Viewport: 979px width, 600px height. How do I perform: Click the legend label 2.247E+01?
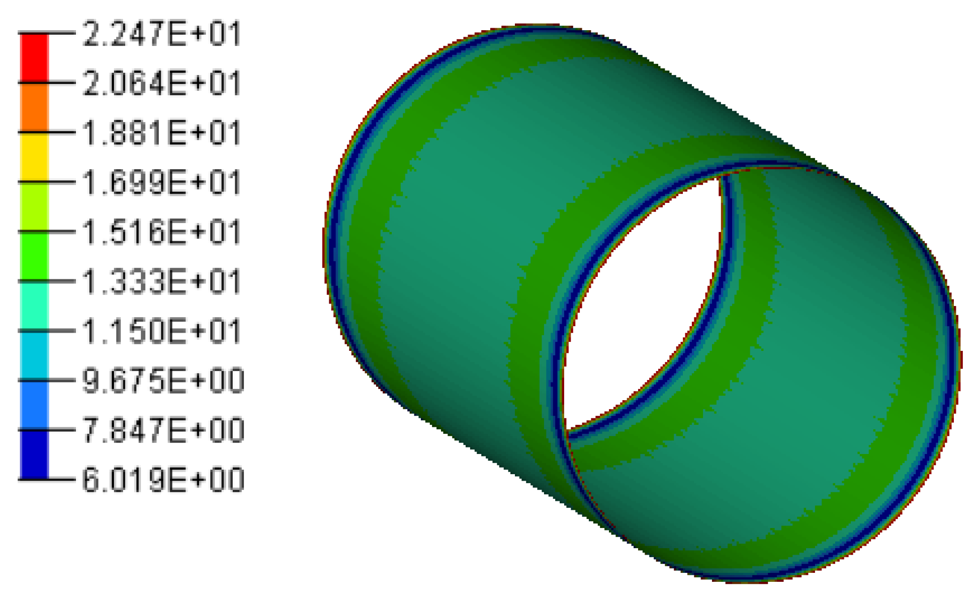(162, 34)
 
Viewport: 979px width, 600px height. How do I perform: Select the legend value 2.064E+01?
(162, 84)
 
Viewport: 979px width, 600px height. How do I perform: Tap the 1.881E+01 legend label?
(162, 133)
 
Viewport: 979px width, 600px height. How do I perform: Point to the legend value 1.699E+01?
(162, 183)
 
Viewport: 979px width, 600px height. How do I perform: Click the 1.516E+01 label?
(162, 232)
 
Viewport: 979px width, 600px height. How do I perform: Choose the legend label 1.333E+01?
(162, 281)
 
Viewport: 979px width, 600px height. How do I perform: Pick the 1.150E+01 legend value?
(162, 331)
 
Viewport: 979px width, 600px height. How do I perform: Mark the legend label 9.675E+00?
(163, 381)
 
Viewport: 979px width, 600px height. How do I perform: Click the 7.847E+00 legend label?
(163, 430)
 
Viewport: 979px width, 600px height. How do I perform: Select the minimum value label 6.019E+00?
(163, 480)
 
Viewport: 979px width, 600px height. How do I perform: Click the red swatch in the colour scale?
(34, 58)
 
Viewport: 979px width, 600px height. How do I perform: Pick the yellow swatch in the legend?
(34, 157)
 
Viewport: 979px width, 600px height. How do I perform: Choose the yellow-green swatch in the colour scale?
(34, 206)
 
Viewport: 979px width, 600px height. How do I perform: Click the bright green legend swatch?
(34, 256)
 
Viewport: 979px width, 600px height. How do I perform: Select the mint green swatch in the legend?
(34, 306)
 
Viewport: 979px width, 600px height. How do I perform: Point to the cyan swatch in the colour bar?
(34, 355)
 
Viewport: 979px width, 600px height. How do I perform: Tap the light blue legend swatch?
(34, 405)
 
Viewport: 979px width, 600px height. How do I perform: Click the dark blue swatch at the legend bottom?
(34, 454)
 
